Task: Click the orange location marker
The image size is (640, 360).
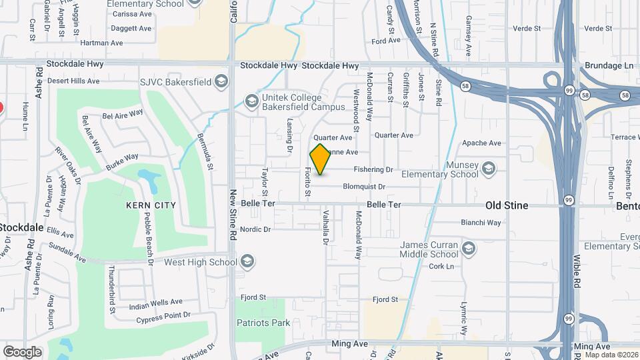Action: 320,159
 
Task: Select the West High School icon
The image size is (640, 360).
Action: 248,261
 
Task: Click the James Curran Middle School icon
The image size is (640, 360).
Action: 469,249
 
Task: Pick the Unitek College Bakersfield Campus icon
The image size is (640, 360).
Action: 251,101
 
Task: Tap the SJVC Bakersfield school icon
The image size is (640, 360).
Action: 222,82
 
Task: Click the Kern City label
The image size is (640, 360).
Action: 151,205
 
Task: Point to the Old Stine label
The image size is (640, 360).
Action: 507,205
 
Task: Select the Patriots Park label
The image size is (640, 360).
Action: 263,323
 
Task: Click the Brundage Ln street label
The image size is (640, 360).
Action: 609,66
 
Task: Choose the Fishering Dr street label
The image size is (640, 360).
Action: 373,170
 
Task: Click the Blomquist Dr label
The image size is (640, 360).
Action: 364,187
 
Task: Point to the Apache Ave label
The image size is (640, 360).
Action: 482,143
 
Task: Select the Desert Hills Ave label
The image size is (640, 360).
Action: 74,81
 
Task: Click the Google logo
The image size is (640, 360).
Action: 22,351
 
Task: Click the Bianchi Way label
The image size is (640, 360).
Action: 481,223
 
